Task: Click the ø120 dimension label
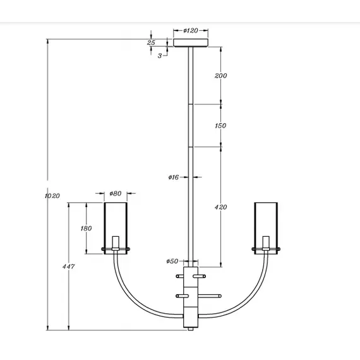click(x=191, y=30)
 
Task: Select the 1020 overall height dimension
click(x=52, y=196)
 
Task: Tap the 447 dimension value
click(x=69, y=267)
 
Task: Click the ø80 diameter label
click(x=115, y=193)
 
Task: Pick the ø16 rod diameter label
click(x=175, y=177)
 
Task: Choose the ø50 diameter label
click(x=172, y=261)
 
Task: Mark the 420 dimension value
click(x=220, y=207)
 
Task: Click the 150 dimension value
click(x=220, y=126)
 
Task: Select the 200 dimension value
click(x=220, y=76)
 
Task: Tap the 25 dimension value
click(x=151, y=42)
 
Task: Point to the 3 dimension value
click(x=159, y=56)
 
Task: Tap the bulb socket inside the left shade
click(x=116, y=243)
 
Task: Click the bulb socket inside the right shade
click(x=266, y=243)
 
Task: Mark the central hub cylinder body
click(x=191, y=297)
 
